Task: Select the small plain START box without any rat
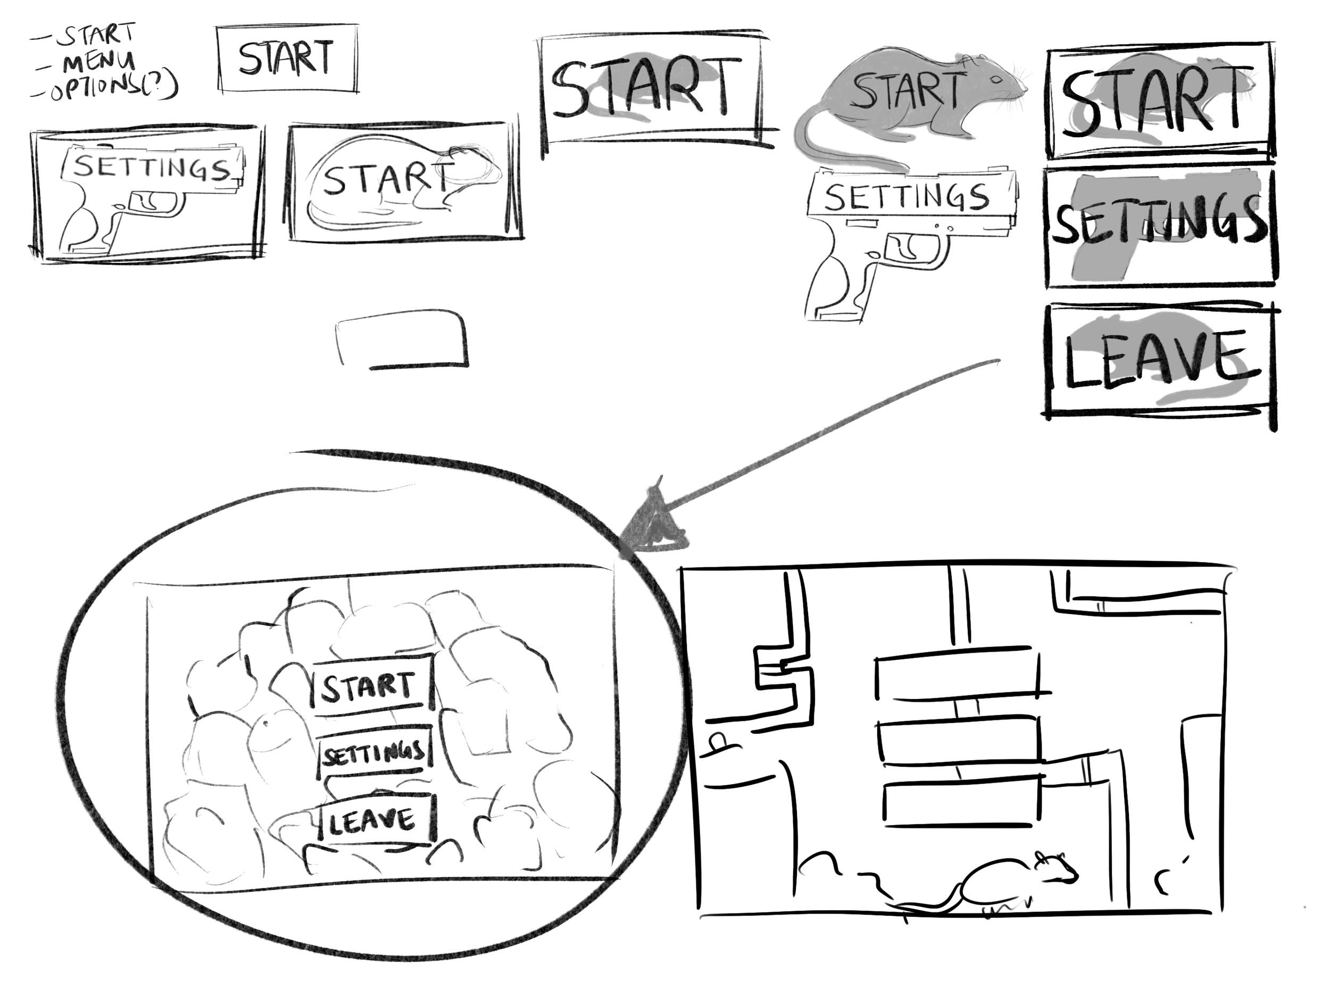(287, 60)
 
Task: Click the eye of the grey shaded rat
(996, 79)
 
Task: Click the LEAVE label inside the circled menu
(371, 821)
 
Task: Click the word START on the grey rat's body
(909, 90)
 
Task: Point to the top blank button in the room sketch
(959, 674)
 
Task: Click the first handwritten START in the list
(96, 36)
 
